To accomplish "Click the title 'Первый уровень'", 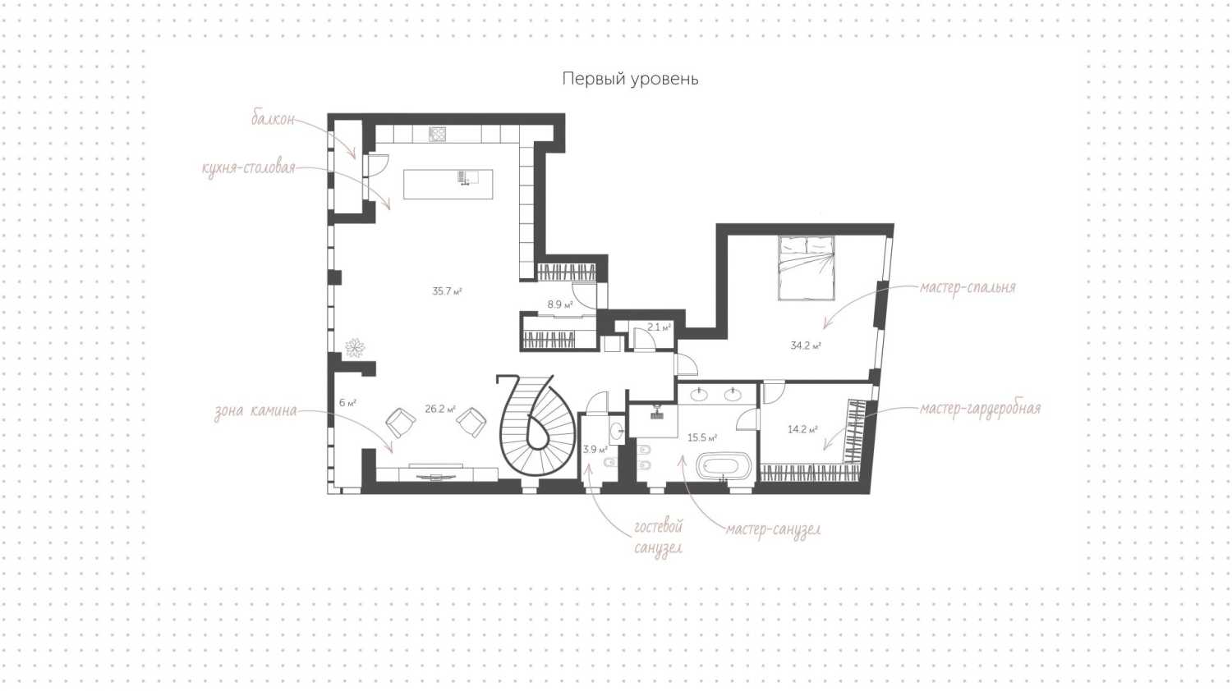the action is click(630, 79).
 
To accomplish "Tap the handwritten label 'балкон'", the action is click(273, 119).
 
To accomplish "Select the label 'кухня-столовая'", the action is click(249, 167).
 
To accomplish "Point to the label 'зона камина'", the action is click(255, 412).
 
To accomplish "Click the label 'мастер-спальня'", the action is click(968, 287).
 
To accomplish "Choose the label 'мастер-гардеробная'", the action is click(980, 409).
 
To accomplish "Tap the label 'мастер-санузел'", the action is click(773, 530).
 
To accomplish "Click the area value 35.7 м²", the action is click(447, 291).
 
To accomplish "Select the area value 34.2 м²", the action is click(806, 345).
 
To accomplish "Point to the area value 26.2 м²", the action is click(440, 409).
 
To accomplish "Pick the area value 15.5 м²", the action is click(702, 438).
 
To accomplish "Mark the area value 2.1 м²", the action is click(659, 327).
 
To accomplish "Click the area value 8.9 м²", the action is click(560, 304).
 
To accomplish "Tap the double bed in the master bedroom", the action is click(807, 268).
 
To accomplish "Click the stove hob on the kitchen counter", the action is click(437, 134).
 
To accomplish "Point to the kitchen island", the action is click(448, 184).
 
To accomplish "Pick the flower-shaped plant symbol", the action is click(355, 347).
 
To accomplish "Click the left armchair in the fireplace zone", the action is click(401, 422).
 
